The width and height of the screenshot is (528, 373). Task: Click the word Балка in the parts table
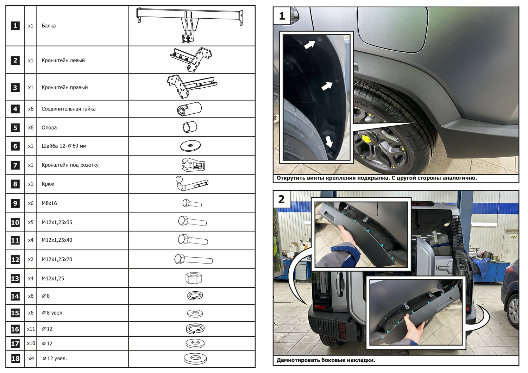49,26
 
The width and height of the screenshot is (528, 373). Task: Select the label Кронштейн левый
63,61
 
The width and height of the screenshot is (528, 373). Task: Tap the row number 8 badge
15,184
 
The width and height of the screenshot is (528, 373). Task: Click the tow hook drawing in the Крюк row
191,183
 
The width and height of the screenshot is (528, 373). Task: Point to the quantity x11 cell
31,329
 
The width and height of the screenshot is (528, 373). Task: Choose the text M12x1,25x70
57,259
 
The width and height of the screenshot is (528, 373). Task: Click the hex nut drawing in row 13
194,278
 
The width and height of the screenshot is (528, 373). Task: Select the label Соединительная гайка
68,109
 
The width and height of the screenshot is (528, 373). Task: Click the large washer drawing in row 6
190,146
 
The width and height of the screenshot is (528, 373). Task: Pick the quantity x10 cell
31,343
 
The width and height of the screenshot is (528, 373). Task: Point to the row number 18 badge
15,359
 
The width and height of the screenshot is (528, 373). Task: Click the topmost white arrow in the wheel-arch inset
309,44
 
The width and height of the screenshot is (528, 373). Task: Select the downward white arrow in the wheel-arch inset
329,141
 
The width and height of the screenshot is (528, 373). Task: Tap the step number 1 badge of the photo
282,16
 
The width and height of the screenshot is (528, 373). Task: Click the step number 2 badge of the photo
282,199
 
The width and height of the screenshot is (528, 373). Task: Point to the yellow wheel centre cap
364,138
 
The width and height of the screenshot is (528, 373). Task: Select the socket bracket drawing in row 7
193,165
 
